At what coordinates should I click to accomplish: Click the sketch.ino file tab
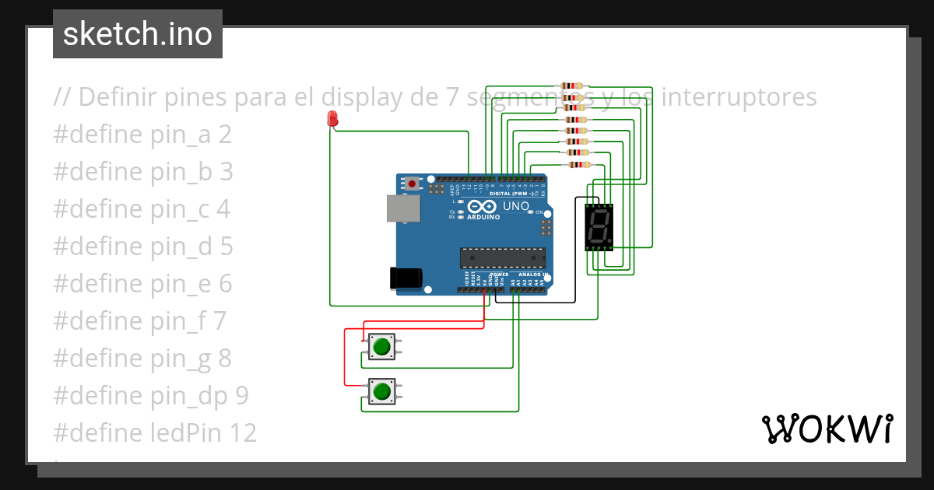point(138,34)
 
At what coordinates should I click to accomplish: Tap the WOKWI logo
point(826,429)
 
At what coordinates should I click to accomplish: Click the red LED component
point(333,119)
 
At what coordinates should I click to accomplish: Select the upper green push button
point(381,347)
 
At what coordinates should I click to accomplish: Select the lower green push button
point(381,390)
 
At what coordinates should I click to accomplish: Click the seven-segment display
point(599,227)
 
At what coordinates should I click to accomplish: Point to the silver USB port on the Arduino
point(402,208)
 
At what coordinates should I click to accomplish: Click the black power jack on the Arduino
point(406,278)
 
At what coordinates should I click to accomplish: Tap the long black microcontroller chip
point(502,257)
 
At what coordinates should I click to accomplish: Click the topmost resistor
point(572,86)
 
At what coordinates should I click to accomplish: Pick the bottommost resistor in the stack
point(578,164)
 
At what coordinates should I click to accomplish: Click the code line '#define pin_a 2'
point(142,135)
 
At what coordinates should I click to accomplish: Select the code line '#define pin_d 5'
point(143,247)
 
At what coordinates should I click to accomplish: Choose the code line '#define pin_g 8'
point(142,359)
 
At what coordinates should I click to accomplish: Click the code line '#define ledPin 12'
point(155,433)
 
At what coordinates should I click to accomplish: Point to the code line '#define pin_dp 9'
point(151,396)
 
